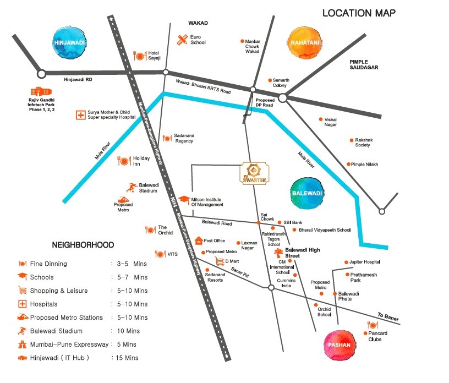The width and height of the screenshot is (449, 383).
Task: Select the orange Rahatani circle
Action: click(304, 42)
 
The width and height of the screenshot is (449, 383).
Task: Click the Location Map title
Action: click(358, 13)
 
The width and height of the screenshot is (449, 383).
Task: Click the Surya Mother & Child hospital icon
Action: click(80, 115)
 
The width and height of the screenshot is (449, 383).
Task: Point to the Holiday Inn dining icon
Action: click(124, 161)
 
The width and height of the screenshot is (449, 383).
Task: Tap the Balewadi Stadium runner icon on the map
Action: click(132, 187)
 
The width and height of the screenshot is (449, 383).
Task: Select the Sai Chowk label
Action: click(267, 216)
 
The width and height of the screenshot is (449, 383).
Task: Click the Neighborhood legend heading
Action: click(83, 245)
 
